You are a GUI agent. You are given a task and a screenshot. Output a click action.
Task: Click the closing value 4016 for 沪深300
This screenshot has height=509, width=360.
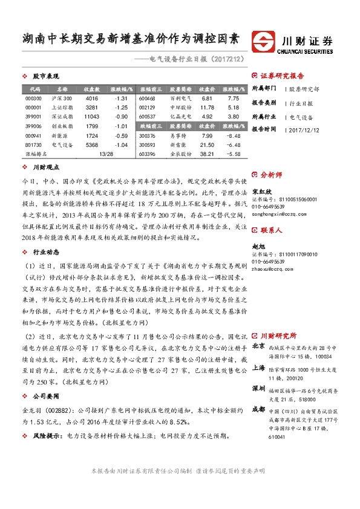pos(92,98)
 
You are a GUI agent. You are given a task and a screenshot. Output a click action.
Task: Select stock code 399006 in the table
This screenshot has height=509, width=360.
pos(34,126)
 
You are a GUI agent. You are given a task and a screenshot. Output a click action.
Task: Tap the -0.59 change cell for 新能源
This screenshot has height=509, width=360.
pos(121,135)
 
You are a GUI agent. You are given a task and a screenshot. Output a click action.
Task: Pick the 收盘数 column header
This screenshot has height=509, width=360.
pos(92,88)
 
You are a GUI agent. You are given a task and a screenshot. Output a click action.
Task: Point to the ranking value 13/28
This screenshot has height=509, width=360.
pos(105,154)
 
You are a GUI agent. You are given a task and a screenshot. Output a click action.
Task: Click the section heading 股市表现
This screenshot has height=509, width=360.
pos(45,77)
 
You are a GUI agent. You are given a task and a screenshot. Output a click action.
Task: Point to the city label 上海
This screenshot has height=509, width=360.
pos(258,368)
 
